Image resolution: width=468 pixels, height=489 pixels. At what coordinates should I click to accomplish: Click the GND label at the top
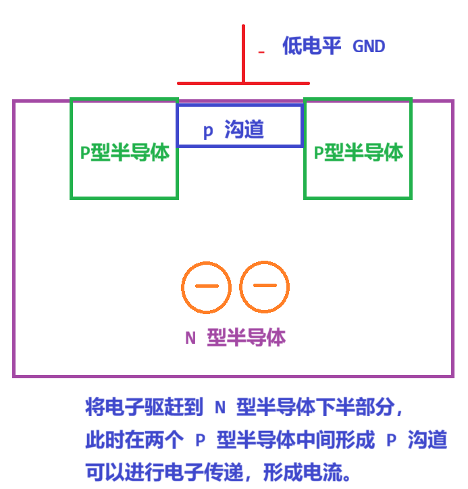click(x=369, y=47)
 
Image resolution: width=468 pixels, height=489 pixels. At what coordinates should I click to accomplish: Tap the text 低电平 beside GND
click(x=311, y=47)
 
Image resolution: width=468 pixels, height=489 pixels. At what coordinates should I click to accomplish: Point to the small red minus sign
click(x=261, y=52)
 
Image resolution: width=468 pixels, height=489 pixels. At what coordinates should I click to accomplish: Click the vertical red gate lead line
click(x=243, y=54)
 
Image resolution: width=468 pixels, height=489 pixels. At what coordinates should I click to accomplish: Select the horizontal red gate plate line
click(x=203, y=83)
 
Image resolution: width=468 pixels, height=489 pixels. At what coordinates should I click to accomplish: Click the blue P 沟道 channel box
click(x=239, y=126)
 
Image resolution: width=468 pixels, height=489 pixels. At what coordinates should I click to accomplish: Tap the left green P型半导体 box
click(x=124, y=149)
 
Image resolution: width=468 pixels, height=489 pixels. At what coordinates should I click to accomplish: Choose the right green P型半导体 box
click(x=358, y=149)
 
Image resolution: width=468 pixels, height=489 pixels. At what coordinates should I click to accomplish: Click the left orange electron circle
click(x=206, y=287)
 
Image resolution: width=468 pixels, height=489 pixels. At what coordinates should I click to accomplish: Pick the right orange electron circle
click(x=264, y=287)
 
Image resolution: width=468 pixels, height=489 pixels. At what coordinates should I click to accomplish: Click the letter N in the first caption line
click(x=219, y=407)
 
